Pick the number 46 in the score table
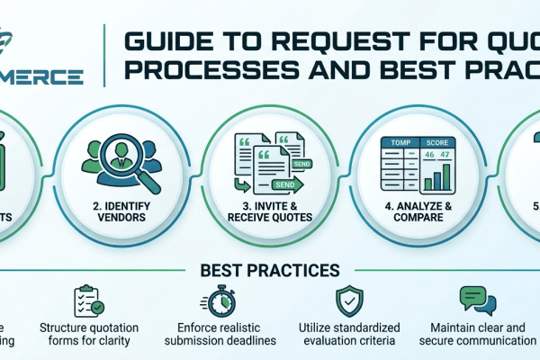click(x=428, y=156)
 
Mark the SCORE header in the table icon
click(x=439, y=143)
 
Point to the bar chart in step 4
click(x=438, y=177)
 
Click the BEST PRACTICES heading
click(x=271, y=270)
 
